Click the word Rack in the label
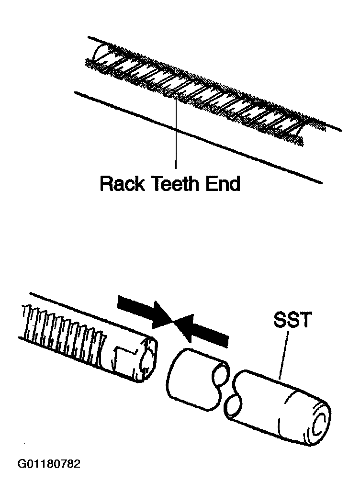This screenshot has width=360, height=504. [121, 183]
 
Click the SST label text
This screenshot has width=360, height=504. [292, 320]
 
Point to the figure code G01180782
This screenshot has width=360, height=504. [49, 464]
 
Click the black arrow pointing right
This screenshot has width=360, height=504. [144, 311]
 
